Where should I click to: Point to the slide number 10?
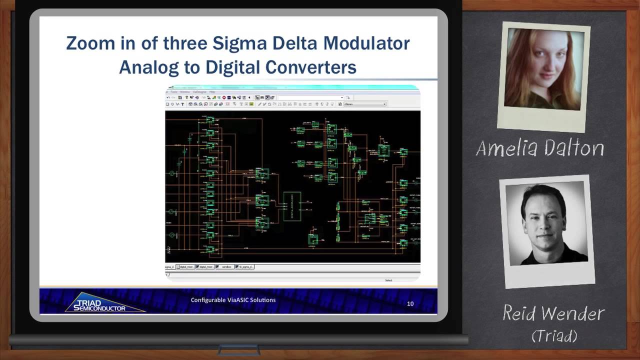coord(410,303)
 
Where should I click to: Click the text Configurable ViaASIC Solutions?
coord(233,300)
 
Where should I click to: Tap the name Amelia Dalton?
coord(540,148)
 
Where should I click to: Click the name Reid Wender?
coord(553,314)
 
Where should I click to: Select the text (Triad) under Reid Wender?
coord(554,335)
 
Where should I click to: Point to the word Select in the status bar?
coord(388,280)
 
